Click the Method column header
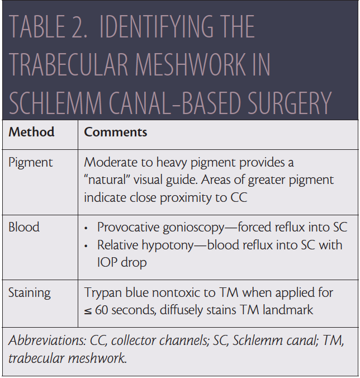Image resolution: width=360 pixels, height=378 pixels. tap(31, 133)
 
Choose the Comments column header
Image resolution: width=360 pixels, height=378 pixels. tap(115, 133)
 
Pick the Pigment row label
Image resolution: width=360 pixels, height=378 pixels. tap(31, 163)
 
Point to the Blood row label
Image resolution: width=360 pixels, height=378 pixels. tap(24, 228)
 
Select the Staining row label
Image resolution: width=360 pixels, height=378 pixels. tap(30, 292)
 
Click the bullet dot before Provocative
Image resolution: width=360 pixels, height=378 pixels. tap(86, 228)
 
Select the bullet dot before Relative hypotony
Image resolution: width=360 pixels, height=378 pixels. tap(86, 245)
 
